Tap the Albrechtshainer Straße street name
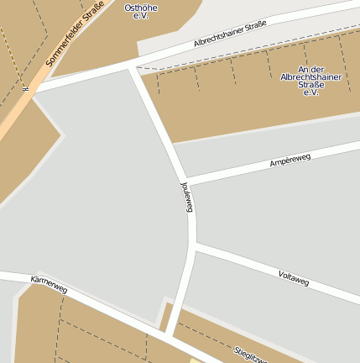[229, 34]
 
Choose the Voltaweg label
[294, 278]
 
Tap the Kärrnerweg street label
[48, 283]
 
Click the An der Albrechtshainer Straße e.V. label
[300, 81]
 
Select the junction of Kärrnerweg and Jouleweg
[172, 334]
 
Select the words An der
[300, 69]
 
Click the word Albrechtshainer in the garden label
[300, 76]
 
